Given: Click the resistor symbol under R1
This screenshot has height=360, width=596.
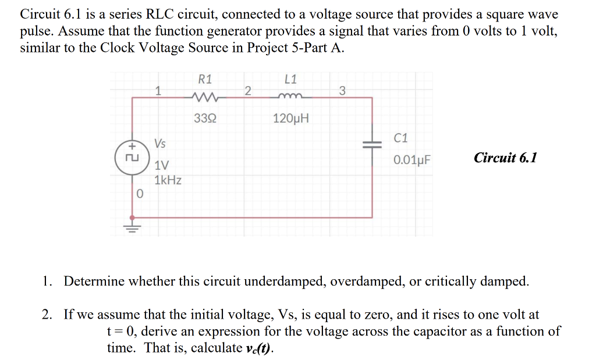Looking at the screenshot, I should click(x=205, y=97).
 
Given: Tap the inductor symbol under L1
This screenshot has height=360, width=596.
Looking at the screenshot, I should click(x=291, y=97).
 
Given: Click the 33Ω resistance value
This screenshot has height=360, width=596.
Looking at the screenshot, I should click(x=205, y=119).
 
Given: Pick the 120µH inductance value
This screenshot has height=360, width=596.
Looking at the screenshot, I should click(x=291, y=119).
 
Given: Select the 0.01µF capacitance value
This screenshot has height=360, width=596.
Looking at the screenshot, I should click(x=411, y=159).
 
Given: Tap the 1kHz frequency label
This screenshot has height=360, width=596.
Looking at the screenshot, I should click(x=168, y=180).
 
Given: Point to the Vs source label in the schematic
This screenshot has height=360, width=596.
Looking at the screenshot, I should click(x=159, y=143).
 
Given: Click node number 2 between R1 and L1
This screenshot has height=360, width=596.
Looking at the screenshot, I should click(x=248, y=90).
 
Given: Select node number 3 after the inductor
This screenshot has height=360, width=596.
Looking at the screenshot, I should click(x=342, y=90).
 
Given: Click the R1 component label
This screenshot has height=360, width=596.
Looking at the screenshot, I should click(x=205, y=79).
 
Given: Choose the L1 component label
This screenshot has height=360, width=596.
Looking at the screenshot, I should click(x=291, y=79).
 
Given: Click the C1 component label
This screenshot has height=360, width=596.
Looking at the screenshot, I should click(x=401, y=138).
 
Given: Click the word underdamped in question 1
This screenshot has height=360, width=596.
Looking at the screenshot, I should click(x=285, y=282).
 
